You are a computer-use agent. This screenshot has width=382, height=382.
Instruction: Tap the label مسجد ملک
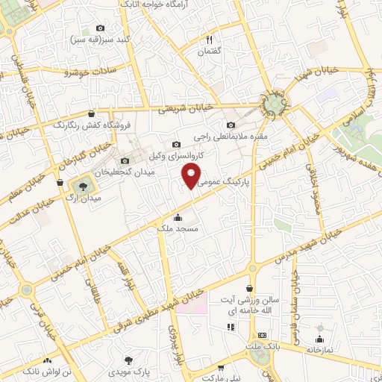[x=178, y=228]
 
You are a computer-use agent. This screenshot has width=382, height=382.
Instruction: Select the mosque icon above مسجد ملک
[x=178, y=217]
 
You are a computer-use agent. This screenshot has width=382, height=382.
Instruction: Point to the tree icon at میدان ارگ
[x=81, y=185]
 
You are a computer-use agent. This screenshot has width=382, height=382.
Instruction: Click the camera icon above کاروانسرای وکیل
[x=176, y=144]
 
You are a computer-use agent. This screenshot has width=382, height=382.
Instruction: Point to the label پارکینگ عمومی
[x=223, y=181]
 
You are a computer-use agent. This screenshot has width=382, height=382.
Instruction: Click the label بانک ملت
[x=262, y=346]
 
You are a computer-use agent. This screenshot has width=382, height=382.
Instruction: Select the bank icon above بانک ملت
[x=262, y=336]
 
